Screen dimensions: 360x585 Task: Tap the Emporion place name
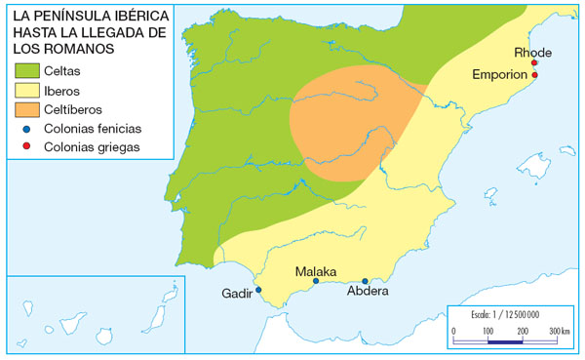coord(499,74)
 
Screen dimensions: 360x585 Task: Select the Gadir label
coord(237,293)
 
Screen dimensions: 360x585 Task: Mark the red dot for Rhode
coord(534,63)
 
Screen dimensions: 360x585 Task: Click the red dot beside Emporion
coord(534,75)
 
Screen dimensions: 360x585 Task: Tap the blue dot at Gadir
coord(258,290)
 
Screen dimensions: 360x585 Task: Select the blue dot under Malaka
coord(316,282)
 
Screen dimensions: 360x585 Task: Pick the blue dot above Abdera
coord(365,281)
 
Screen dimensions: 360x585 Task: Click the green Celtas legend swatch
coord(26,71)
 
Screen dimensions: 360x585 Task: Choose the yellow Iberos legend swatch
coord(26,91)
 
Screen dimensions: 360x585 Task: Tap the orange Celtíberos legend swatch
coord(26,109)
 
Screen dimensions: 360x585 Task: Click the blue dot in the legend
coord(26,129)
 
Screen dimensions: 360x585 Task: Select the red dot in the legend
coord(26,147)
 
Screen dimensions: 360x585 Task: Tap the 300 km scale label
coord(559,332)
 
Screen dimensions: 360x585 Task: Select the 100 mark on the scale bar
coord(487,333)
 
